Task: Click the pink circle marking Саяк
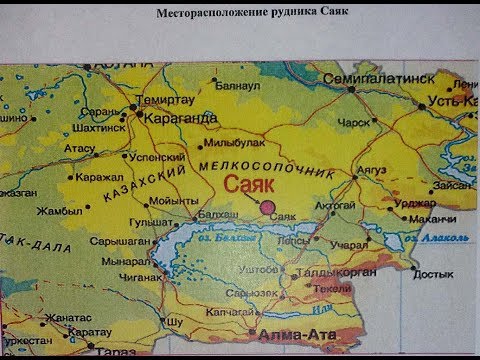(x=269, y=207)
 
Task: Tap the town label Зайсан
(x=454, y=184)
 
